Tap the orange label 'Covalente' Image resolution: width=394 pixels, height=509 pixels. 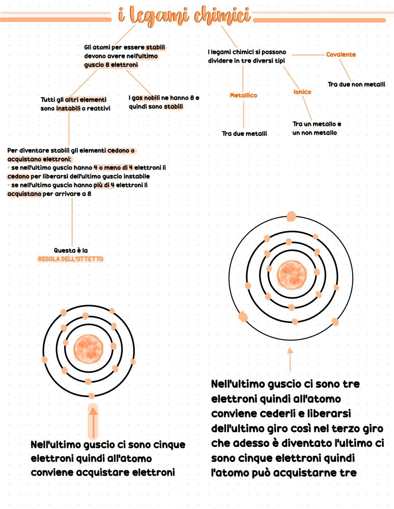pos(341,54)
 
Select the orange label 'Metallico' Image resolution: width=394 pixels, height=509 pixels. pos(243,95)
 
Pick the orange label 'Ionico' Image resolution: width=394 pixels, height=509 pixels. pos(302,92)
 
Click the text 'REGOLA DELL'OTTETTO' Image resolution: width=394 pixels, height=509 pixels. pos(71,259)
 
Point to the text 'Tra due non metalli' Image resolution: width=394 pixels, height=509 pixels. pos(356,84)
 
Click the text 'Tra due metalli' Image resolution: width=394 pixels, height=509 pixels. pos(244,134)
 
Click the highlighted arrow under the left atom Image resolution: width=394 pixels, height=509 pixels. pos(93,422)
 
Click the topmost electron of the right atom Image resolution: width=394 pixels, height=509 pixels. pos(291,217)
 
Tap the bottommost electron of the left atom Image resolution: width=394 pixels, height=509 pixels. pos(91,395)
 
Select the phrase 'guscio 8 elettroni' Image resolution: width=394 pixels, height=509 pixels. pos(111,65)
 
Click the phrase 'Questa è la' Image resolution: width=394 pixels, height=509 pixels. pos(71,250)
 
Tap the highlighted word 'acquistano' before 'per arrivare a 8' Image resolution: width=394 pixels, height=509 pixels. pos(24,194)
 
